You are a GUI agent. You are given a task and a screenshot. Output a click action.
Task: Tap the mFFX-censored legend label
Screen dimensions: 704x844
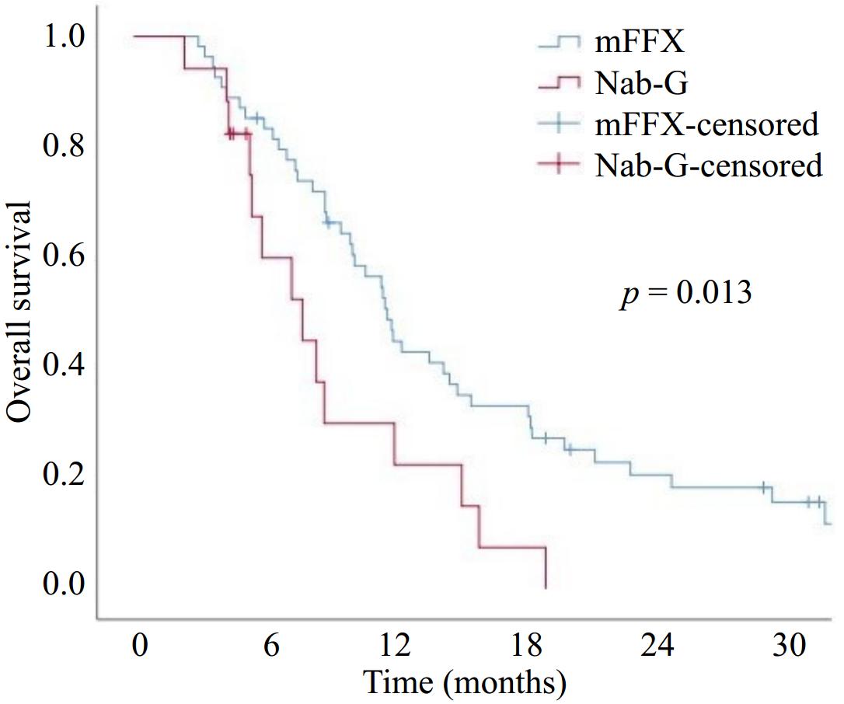[x=706, y=124]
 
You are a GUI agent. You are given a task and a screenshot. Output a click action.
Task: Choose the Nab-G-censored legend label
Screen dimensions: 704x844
[x=708, y=166]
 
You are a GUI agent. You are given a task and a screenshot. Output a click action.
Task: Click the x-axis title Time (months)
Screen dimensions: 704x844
[x=463, y=681]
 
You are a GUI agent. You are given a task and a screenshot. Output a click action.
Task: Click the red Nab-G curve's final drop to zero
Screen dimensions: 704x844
[x=546, y=568]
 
